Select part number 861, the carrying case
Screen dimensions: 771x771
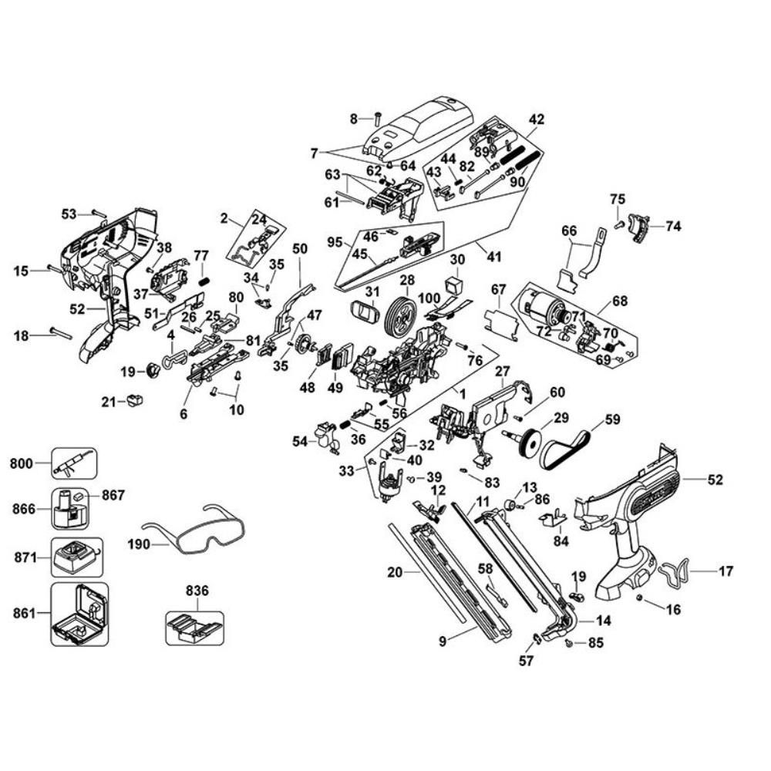tap(79, 614)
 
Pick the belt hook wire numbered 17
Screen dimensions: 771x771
tap(675, 571)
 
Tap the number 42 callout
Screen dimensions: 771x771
tap(537, 120)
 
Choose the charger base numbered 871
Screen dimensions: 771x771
tap(78, 557)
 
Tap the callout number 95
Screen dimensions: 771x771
tap(335, 241)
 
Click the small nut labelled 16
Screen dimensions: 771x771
tap(641, 599)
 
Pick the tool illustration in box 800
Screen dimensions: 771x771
tap(74, 463)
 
